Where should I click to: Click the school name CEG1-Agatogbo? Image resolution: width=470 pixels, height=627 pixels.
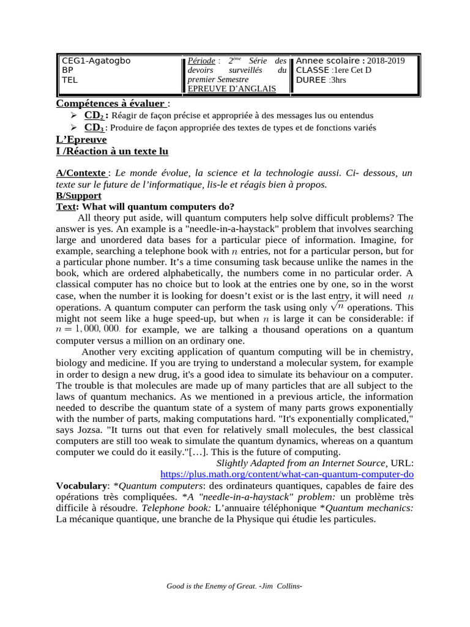(x=96, y=61)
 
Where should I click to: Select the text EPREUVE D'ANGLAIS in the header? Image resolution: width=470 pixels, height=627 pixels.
(x=232, y=89)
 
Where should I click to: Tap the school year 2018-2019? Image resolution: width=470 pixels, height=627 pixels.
(x=386, y=61)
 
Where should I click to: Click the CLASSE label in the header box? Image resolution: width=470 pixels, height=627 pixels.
(x=312, y=70)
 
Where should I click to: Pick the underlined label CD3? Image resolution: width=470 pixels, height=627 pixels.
(x=94, y=127)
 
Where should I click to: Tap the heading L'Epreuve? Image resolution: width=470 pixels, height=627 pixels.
(x=81, y=140)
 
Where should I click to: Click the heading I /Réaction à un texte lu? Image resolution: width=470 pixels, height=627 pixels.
(x=112, y=151)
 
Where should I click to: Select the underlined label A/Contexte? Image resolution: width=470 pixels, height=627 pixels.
(x=80, y=174)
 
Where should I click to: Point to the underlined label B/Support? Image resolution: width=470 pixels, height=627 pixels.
(x=78, y=195)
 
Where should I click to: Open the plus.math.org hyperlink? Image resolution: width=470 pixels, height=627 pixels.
(x=287, y=474)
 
